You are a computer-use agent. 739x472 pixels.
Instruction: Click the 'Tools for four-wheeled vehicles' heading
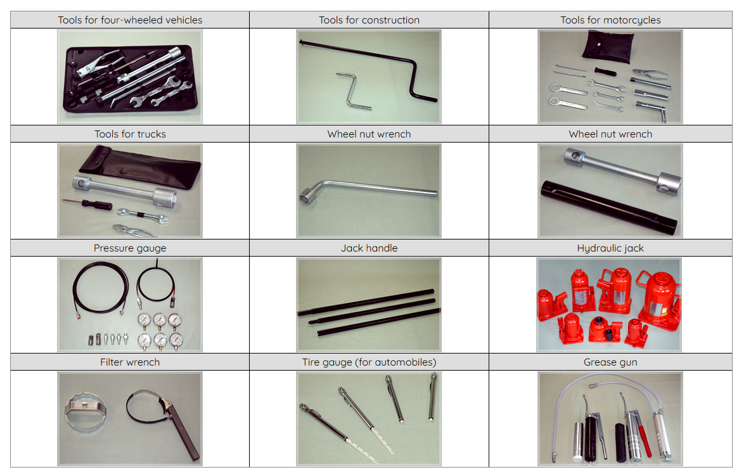tap(130, 20)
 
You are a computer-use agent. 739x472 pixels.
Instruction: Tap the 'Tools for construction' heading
tap(369, 20)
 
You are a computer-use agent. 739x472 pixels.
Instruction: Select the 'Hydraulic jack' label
tap(610, 248)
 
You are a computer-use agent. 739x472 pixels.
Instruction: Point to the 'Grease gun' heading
tap(610, 362)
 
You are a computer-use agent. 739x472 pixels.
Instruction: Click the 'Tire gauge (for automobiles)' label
tap(369, 362)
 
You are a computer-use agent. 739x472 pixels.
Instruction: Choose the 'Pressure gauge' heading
tap(130, 248)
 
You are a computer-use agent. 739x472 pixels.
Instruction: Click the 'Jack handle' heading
tap(369, 248)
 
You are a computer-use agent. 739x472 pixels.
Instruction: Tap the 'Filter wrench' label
tap(130, 362)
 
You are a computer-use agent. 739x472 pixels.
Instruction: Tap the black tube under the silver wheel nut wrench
tap(608, 207)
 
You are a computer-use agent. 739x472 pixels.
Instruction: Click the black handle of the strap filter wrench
tap(185, 437)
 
